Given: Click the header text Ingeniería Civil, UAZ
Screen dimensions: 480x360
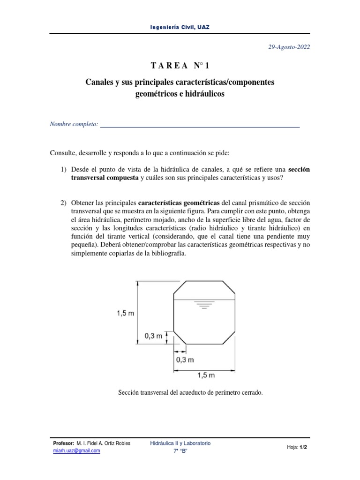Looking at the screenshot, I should coord(180,27).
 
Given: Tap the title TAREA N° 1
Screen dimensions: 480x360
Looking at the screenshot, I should coord(180,65).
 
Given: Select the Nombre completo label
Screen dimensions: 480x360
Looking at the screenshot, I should coord(74,124).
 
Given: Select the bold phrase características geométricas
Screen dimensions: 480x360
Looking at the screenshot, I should coord(179,202).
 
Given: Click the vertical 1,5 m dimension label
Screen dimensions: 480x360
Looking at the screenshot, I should coord(125,314).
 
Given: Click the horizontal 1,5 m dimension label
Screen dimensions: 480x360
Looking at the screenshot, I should coord(206,375).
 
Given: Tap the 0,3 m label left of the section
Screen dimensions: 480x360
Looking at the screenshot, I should coord(153,335).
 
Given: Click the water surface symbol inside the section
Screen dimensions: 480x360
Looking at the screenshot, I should coord(203,306).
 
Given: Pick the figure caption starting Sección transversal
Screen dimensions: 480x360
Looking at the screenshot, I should coord(190,393).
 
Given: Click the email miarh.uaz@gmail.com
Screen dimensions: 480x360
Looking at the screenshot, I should coord(77,450).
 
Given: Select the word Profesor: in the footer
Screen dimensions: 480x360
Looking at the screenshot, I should coord(64,443).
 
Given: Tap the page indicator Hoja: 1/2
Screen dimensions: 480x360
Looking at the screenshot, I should coord(297,447).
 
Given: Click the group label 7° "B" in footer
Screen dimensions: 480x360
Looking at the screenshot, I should coord(180,451).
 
